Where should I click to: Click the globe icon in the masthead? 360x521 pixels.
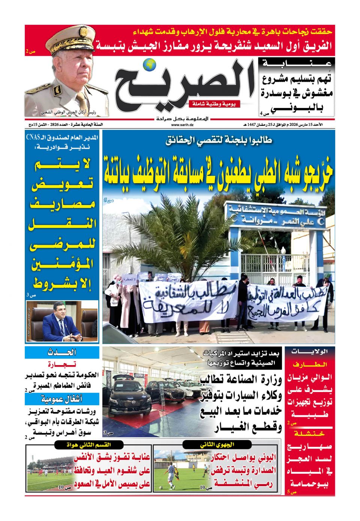tap(151, 64)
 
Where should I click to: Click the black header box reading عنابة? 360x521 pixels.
tap(297, 63)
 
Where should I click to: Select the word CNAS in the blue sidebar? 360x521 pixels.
tap(33, 137)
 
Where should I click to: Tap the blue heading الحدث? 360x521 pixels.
tap(62, 352)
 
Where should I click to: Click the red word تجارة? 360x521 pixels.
tap(62, 364)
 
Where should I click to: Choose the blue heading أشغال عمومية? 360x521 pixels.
tap(62, 398)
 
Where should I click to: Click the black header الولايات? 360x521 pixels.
tap(310, 352)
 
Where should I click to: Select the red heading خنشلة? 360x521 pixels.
tap(310, 434)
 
